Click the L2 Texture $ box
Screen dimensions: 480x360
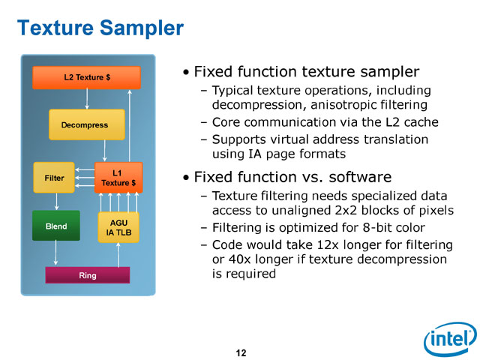(x=87, y=77)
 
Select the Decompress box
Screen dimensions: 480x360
(x=87, y=124)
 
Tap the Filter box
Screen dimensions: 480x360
(x=54, y=178)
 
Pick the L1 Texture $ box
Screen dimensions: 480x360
(x=118, y=178)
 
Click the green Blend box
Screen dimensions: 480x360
(x=56, y=226)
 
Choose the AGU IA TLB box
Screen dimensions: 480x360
(x=118, y=227)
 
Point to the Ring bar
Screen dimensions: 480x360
(x=88, y=275)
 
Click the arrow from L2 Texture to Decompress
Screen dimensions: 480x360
(x=87, y=99)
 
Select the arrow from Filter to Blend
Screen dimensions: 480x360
(x=56, y=202)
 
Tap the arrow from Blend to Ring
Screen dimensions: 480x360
(x=55, y=253)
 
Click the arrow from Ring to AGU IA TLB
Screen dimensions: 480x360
(x=118, y=255)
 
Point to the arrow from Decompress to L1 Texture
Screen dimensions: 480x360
(x=105, y=151)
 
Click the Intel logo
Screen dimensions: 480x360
(x=450, y=339)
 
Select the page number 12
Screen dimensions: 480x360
(x=241, y=353)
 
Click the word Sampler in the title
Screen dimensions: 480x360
(x=142, y=28)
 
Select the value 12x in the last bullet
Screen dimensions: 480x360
(x=328, y=245)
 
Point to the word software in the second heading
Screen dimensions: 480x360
(x=360, y=177)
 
